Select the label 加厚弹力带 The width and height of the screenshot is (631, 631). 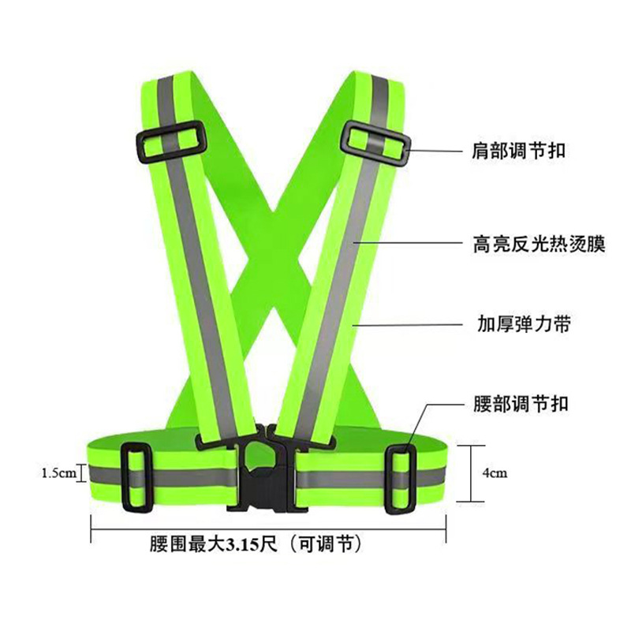pos(513,324)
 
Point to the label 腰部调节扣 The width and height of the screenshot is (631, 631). pos(513,404)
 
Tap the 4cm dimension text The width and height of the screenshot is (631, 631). pos(495,473)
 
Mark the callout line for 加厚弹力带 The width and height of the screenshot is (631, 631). pos(402,323)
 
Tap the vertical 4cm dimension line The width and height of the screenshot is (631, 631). pos(471,473)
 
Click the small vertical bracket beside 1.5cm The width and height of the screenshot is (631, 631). pos(82,473)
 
